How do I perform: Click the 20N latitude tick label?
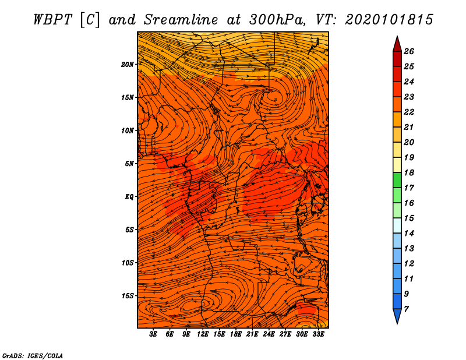pos(128,65)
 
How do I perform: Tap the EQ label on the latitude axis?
pos(129,197)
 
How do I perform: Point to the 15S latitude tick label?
pos(128,296)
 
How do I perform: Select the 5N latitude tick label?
pos(129,164)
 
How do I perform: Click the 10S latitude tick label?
pos(128,263)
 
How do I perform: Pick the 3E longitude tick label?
pos(153,334)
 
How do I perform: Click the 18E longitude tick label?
pos(236,334)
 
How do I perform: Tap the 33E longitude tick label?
pos(318,334)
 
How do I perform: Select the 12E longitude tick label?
pos(203,334)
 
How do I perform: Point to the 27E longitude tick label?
pos(285,334)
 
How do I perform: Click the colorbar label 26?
pos(409,51)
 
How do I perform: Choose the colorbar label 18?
pos(409,172)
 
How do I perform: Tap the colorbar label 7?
pos(406,309)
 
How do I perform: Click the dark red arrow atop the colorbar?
pos(397,45)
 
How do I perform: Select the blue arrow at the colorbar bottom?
pos(397,315)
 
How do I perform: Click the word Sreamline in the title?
pos(181,20)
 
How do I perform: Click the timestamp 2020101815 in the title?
pos(389,20)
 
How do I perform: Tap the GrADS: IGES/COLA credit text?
pos(33,356)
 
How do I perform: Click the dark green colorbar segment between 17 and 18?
pos(397,180)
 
